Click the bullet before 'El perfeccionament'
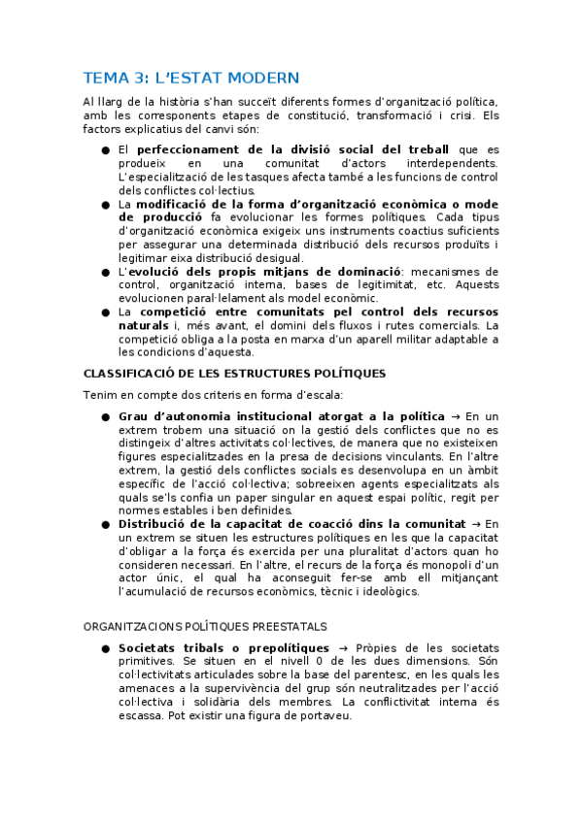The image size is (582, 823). pos(105,150)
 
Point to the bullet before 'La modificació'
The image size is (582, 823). pos(105,205)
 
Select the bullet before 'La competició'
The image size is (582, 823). pos(105,313)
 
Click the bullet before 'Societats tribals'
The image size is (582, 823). pos(105,647)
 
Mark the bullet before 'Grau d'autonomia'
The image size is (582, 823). pos(105,415)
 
